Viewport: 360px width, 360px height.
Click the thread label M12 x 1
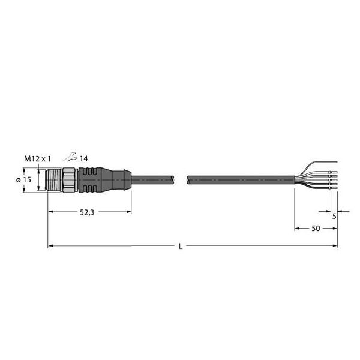(37, 158)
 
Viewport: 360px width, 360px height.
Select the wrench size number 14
(84, 158)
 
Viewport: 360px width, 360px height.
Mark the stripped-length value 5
(334, 217)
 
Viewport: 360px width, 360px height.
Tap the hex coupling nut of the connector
(68, 179)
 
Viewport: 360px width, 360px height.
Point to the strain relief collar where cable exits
(122, 179)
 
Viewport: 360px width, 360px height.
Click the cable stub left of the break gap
(152, 179)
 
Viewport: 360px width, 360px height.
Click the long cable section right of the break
(240, 179)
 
